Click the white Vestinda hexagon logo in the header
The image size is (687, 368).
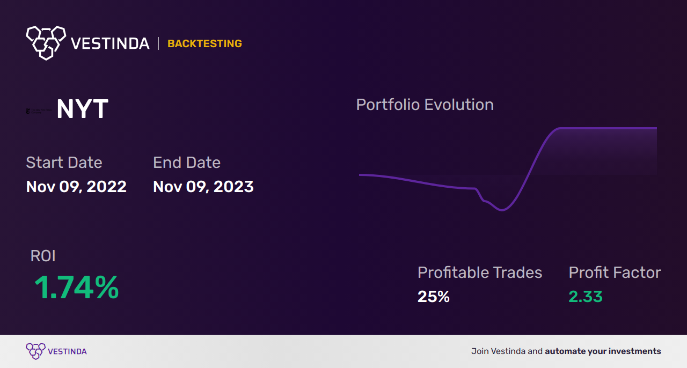tap(46, 42)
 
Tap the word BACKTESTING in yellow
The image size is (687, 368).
tap(204, 43)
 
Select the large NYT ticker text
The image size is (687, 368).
tap(82, 109)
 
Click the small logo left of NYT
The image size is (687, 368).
tap(39, 111)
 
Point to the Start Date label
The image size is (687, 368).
tap(64, 163)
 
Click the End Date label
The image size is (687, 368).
tap(187, 163)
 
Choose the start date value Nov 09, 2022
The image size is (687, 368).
tap(76, 187)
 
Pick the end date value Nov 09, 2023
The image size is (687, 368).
tap(203, 187)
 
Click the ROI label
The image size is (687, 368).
tap(43, 256)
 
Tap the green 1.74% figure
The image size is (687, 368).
tap(77, 288)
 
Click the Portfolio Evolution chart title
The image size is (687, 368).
tap(425, 105)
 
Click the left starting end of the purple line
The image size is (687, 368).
tap(361, 174)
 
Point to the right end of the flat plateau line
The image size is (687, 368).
tap(655, 128)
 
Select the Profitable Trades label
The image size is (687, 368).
tap(480, 273)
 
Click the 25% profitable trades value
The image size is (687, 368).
tap(434, 297)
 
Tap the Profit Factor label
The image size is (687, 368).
tap(615, 273)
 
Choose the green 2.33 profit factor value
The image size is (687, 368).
tap(586, 297)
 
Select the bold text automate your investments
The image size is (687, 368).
tap(603, 351)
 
